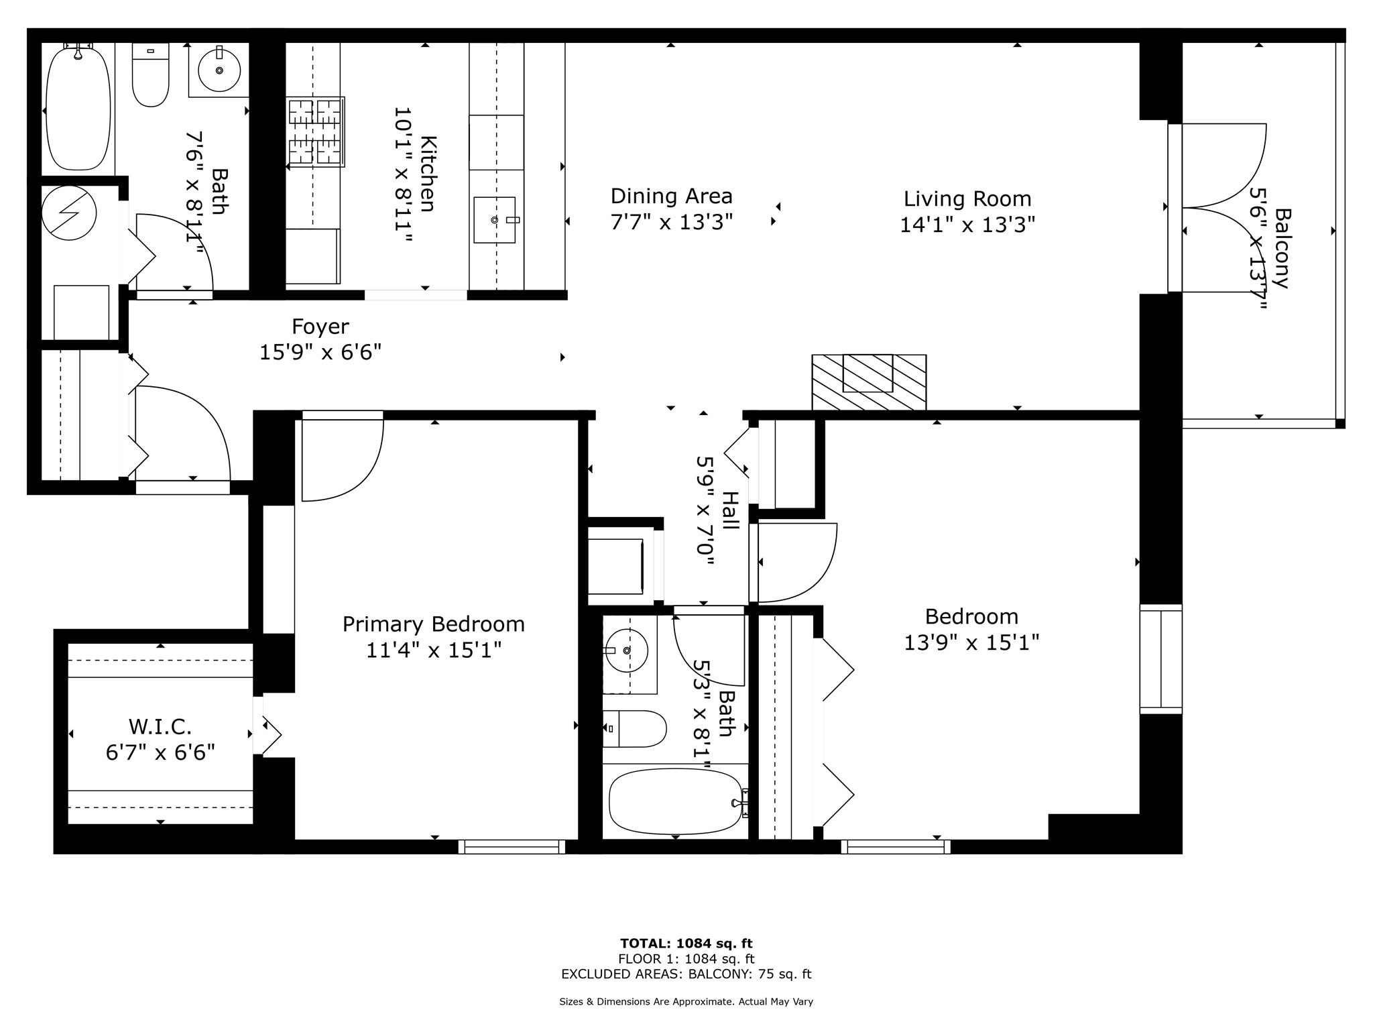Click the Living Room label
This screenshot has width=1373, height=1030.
pos(967,199)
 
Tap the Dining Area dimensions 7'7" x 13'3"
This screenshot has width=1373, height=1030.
pos(671,222)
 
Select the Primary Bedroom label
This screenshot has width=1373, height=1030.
pos(433,624)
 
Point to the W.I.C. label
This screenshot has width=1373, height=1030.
pos(160,726)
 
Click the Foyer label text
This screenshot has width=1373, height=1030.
pos(320,327)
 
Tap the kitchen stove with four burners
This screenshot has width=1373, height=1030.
pos(316,131)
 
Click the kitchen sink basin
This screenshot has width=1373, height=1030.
pos(495,220)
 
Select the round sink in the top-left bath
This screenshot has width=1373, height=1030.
pos(219,70)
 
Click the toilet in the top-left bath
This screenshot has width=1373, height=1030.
pos(151,74)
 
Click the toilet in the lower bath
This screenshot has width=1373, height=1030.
pos(634,729)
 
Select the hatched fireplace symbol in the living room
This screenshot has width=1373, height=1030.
pos(869,382)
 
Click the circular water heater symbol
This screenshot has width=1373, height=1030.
pos(69,213)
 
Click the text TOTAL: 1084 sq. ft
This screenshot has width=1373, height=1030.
pos(686,944)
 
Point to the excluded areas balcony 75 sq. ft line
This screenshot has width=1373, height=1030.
pos(686,974)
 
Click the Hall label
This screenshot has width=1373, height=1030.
pos(729,510)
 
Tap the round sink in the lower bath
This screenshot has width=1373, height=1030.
pos(627,650)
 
